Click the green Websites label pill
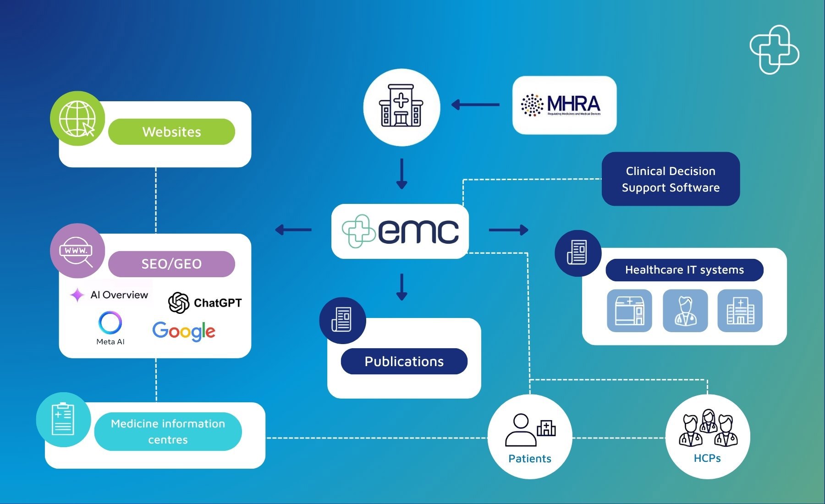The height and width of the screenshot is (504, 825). (x=171, y=132)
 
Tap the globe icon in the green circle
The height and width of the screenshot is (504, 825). (x=77, y=119)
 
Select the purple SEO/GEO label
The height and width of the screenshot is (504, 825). (x=171, y=264)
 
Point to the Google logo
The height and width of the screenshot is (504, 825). (x=184, y=331)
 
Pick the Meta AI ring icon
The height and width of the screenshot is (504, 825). (x=110, y=323)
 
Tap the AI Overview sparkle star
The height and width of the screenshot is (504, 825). (x=77, y=295)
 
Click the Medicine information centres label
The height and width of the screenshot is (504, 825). (x=168, y=432)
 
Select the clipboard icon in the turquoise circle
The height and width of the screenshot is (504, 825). (x=63, y=420)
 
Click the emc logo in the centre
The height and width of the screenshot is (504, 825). (x=400, y=231)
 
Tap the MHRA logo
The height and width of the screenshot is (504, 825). (x=564, y=105)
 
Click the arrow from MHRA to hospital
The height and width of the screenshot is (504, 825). (x=475, y=105)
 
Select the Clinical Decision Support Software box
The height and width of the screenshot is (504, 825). (x=671, y=179)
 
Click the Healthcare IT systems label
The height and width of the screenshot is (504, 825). (x=684, y=270)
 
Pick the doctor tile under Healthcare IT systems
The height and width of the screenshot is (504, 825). (x=685, y=311)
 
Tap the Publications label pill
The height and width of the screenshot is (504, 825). (x=404, y=362)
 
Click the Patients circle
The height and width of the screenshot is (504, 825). (x=530, y=437)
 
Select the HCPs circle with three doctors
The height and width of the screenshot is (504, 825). (x=707, y=437)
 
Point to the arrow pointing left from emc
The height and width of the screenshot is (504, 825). (x=293, y=230)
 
